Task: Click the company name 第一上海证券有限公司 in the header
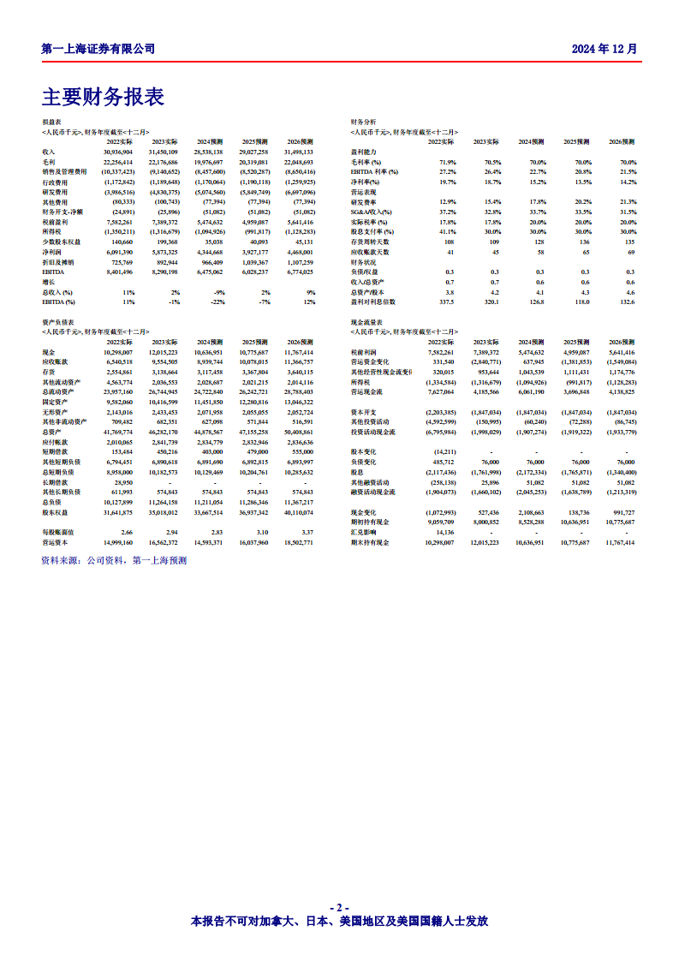[98, 49]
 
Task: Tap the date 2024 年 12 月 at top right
[605, 49]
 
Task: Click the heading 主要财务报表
[103, 97]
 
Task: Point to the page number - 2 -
[339, 907]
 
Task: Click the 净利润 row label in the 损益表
[53, 252]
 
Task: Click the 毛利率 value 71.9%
[448, 162]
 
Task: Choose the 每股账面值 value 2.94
[171, 532]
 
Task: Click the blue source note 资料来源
[114, 560]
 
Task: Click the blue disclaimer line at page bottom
[339, 922]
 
